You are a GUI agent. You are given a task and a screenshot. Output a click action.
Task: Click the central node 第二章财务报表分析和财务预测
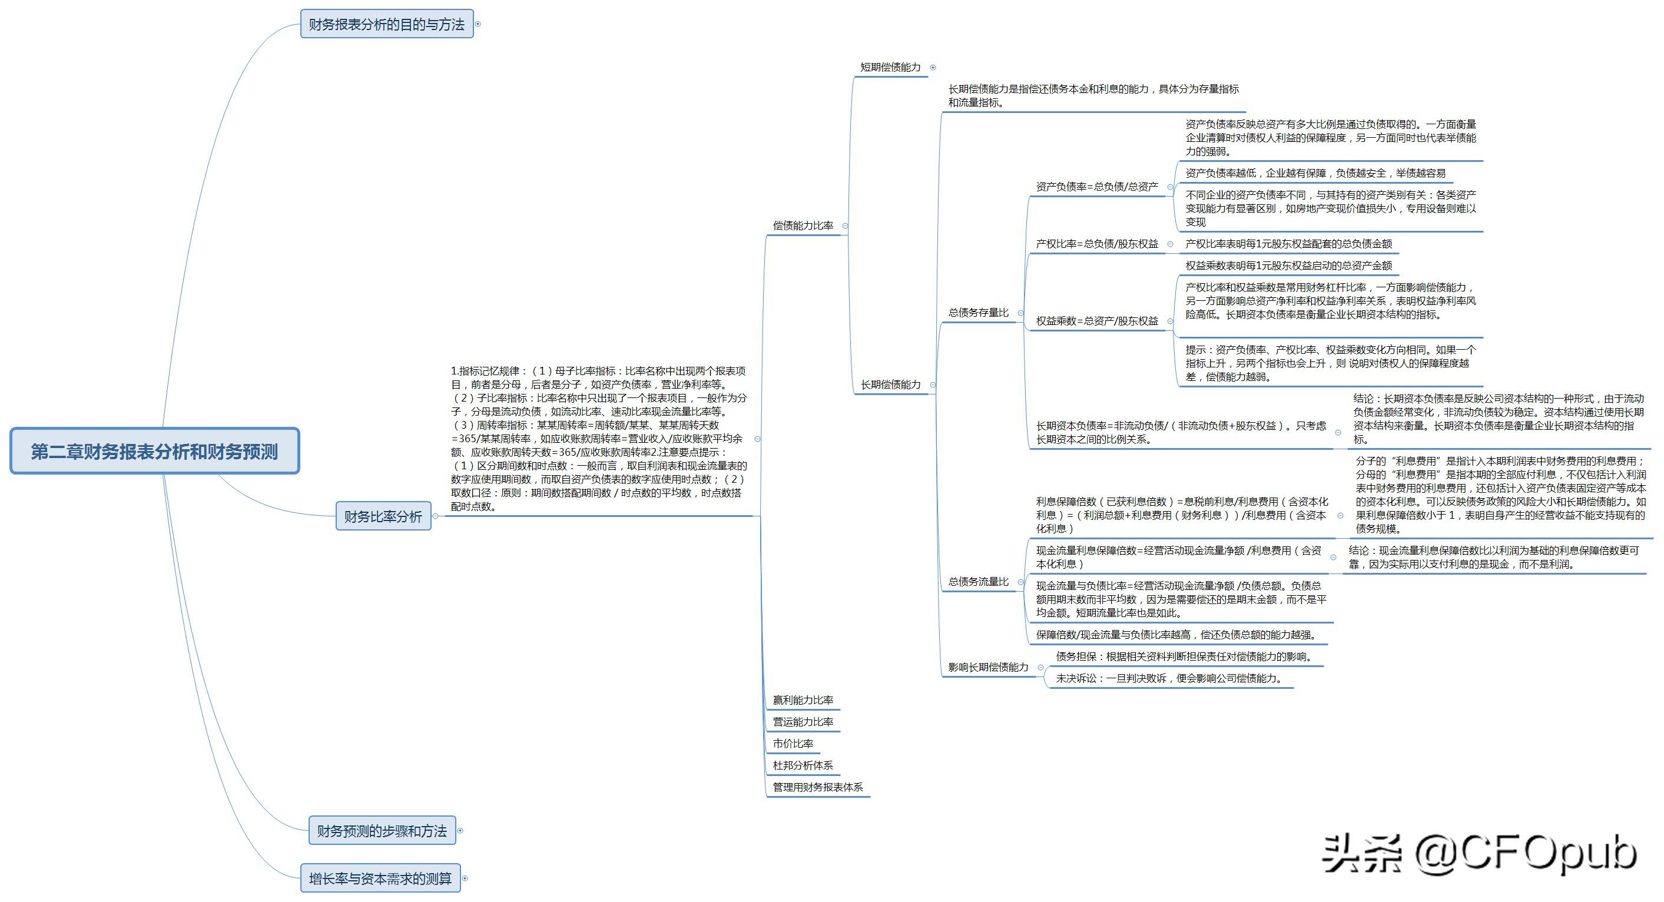click(154, 451)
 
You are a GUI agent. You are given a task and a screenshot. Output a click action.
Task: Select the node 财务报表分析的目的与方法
click(386, 24)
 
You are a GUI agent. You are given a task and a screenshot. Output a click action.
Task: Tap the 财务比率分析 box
click(383, 516)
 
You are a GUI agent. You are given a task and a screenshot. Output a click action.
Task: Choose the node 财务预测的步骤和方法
click(382, 830)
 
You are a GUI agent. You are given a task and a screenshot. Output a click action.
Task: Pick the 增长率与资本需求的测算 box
click(380, 878)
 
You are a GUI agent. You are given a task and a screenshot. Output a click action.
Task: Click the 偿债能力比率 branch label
click(803, 225)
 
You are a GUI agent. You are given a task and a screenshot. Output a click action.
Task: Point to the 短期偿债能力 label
click(890, 67)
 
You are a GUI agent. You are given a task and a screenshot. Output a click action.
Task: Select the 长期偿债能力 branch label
click(890, 384)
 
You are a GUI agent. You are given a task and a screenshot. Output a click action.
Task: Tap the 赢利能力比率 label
click(803, 700)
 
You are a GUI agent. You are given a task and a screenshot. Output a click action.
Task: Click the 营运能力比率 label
click(803, 722)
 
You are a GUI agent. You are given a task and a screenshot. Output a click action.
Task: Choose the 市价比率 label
click(793, 744)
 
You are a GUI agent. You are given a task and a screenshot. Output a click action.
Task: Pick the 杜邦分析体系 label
click(803, 765)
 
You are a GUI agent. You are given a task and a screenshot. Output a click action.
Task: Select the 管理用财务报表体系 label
click(818, 787)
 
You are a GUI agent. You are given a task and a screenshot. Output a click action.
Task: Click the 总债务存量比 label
click(978, 313)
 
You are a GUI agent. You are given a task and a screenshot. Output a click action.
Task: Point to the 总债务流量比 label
click(978, 582)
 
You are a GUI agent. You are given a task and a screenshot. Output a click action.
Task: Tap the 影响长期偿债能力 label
click(987, 668)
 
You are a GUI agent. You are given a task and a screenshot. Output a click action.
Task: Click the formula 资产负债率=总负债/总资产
click(1097, 187)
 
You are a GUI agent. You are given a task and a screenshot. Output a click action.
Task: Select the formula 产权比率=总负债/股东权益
click(1097, 244)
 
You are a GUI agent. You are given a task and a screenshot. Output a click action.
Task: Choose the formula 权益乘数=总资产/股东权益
click(1097, 321)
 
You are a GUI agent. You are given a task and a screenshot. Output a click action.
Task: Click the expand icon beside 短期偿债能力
click(933, 67)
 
